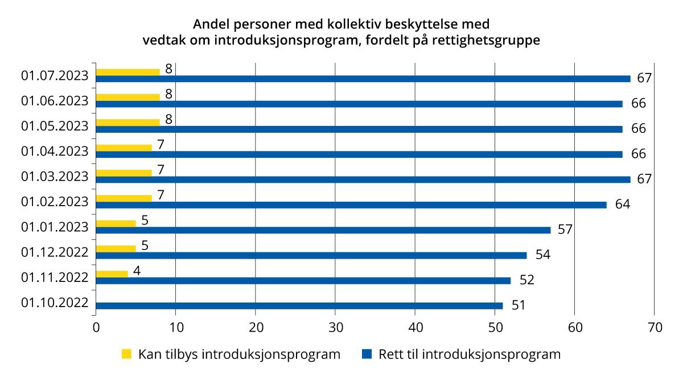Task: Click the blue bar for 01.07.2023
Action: pyautogui.click(x=363, y=79)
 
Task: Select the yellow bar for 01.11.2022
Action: pyautogui.click(x=112, y=274)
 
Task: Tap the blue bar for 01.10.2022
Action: pyautogui.click(x=299, y=306)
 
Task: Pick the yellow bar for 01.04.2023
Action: pyautogui.click(x=124, y=148)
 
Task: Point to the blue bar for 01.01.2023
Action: pyautogui.click(x=323, y=230)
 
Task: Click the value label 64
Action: pyautogui.click(x=622, y=204)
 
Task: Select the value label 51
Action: pyautogui.click(x=519, y=305)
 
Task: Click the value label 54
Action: pyautogui.click(x=542, y=255)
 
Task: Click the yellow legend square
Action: pyautogui.click(x=126, y=354)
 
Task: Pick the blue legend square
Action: pyautogui.click(x=367, y=354)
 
